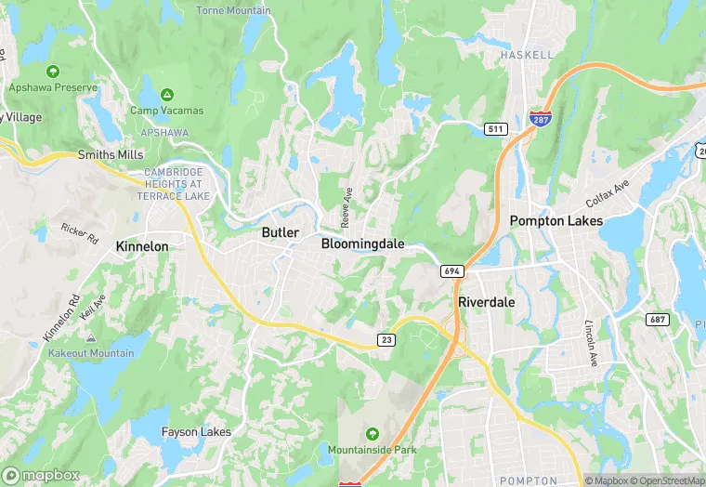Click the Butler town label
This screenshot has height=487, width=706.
coord(280,232)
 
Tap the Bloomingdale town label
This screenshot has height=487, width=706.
coord(362,243)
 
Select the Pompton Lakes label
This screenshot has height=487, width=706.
coord(556,221)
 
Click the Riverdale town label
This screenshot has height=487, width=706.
coord(486,303)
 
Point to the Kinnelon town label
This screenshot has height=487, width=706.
coord(142,246)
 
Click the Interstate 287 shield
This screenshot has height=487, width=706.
coord(538,117)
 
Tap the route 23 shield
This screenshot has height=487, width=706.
coord(386,340)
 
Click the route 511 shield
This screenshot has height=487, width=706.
coord(494,127)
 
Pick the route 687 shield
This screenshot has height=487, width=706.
coord(658,319)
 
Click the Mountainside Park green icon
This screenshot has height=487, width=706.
coord(372,434)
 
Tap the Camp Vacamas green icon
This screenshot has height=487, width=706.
coord(167,95)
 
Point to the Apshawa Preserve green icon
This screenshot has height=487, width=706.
coord(53,72)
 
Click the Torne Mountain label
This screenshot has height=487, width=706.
coord(233,11)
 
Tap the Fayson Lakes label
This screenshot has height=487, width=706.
coord(196,432)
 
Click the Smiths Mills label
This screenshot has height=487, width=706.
coord(111,154)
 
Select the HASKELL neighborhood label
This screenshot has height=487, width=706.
coord(527,56)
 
